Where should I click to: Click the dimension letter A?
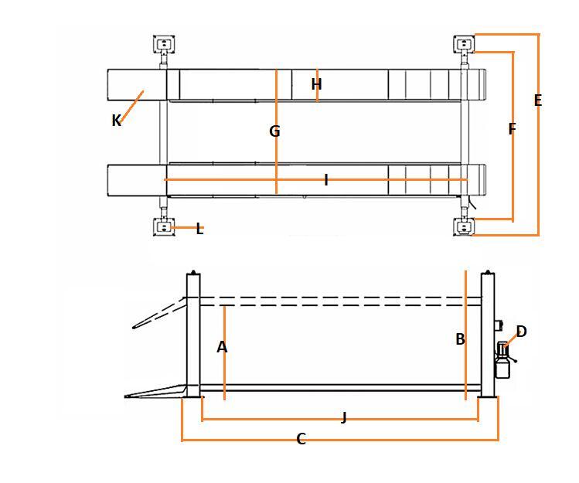coord(222,348)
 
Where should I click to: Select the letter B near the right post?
coord(460,339)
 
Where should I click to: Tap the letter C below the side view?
coord(301,440)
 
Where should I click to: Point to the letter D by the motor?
coord(521,332)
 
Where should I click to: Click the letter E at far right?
coord(538,100)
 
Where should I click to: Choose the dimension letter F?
coord(512,129)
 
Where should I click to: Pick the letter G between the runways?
coord(274,131)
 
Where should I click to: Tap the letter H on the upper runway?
coord(316,84)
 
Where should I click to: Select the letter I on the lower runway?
coord(326,180)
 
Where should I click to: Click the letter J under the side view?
coord(344,418)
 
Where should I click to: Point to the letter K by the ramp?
coord(116,121)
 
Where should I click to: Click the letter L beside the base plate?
coord(199,229)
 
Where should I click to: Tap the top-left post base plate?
coord(164,43)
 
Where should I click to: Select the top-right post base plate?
coord(463,43)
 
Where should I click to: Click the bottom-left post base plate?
coord(164,227)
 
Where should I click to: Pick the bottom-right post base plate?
coord(463,227)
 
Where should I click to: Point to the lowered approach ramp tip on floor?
coord(130,396)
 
